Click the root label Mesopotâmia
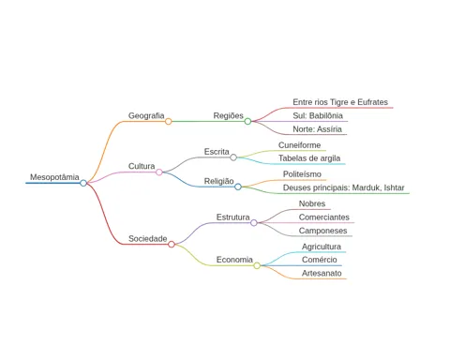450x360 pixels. pyautogui.click(x=54, y=177)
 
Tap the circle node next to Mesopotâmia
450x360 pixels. pyautogui.click(x=83, y=183)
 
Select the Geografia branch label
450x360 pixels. pyautogui.click(x=146, y=116)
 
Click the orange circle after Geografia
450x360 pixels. pyautogui.click(x=168, y=121)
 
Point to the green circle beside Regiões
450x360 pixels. pyautogui.click(x=247, y=121)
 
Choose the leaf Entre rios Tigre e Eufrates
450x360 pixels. pyautogui.click(x=340, y=102)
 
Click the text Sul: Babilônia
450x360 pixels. pyautogui.click(x=318, y=115)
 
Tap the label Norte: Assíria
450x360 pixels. pyautogui.click(x=317, y=129)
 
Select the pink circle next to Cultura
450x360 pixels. pyautogui.click(x=159, y=172)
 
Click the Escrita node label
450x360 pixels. pyautogui.click(x=217, y=152)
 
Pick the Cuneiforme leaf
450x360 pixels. pyautogui.click(x=299, y=145)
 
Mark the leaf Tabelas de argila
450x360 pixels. pyautogui.click(x=309, y=158)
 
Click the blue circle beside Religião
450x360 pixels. pyautogui.click(x=238, y=187)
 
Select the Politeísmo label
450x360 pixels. pyautogui.click(x=302, y=174)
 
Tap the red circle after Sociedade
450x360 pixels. pyautogui.click(x=172, y=244)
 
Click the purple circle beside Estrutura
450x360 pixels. pyautogui.click(x=254, y=222)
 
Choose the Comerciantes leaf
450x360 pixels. pyautogui.click(x=324, y=217)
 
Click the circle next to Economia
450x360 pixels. pyautogui.click(x=257, y=265)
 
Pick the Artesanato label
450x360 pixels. pyautogui.click(x=322, y=273)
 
